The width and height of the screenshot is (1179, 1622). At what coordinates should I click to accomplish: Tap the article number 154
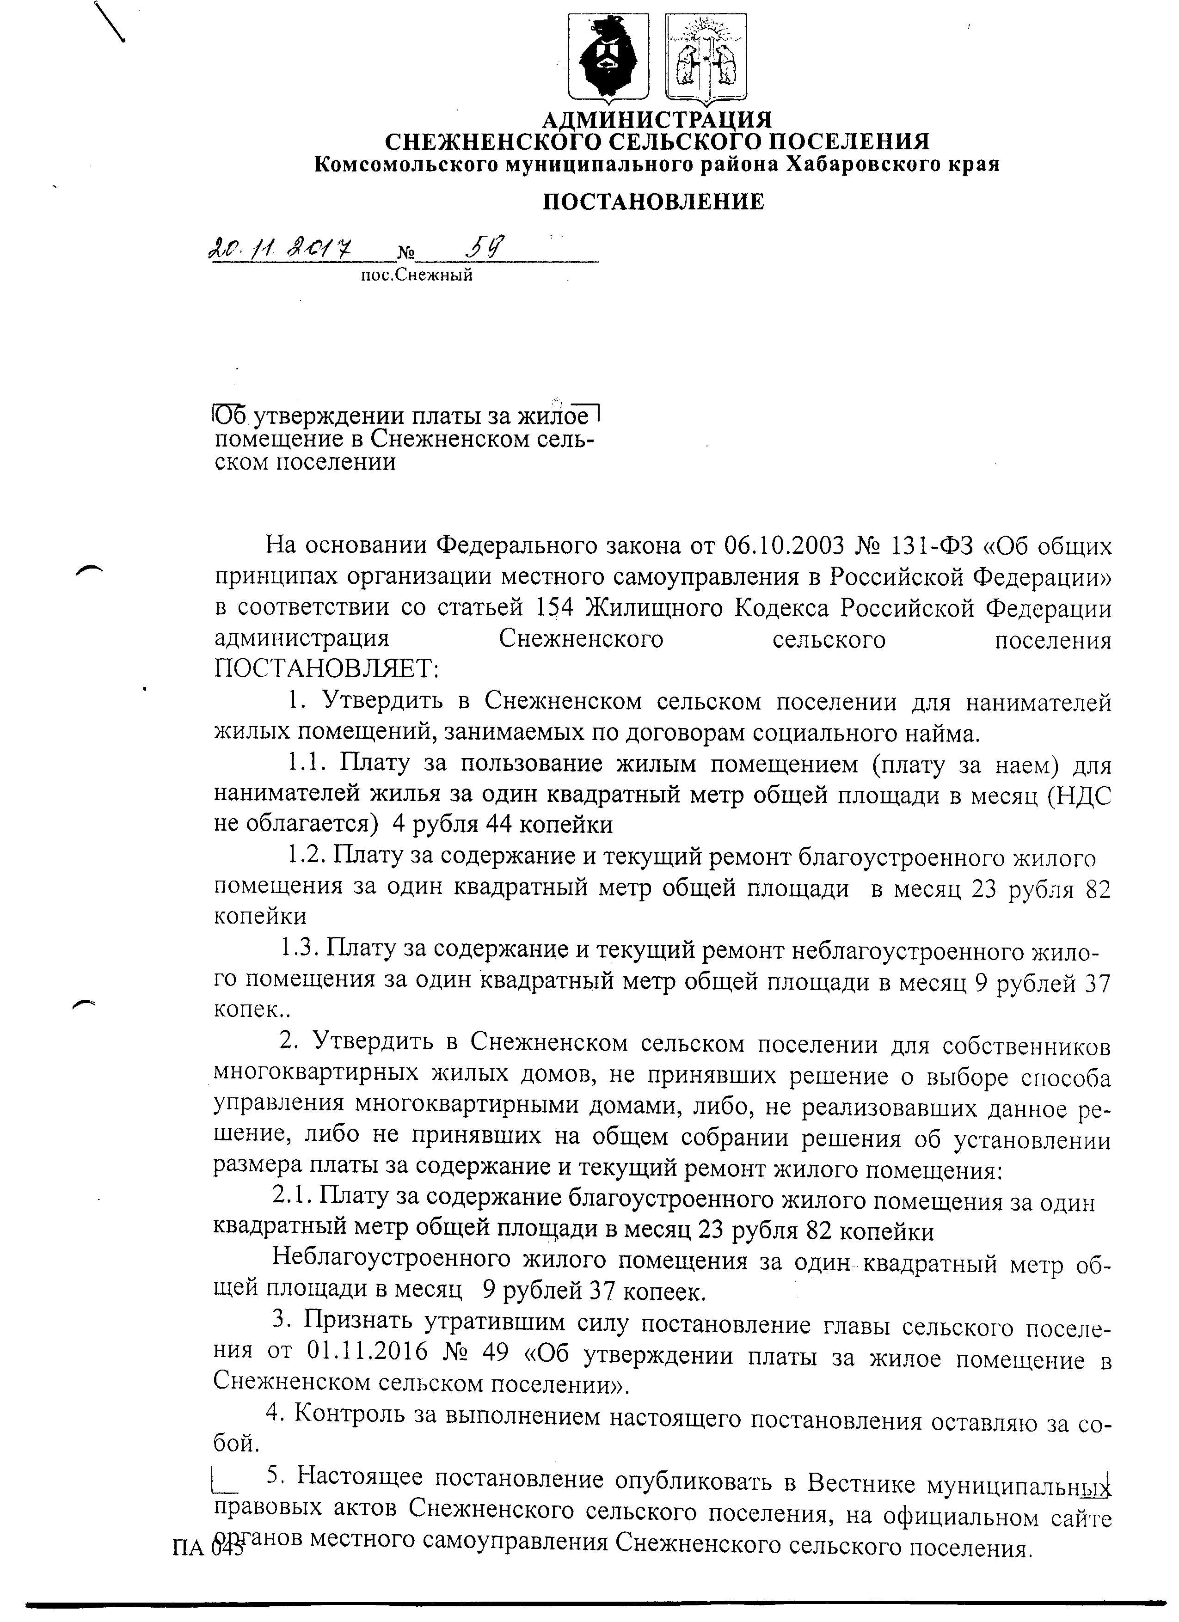pos(554,609)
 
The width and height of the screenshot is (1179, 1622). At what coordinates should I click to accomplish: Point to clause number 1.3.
pos(298,949)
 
